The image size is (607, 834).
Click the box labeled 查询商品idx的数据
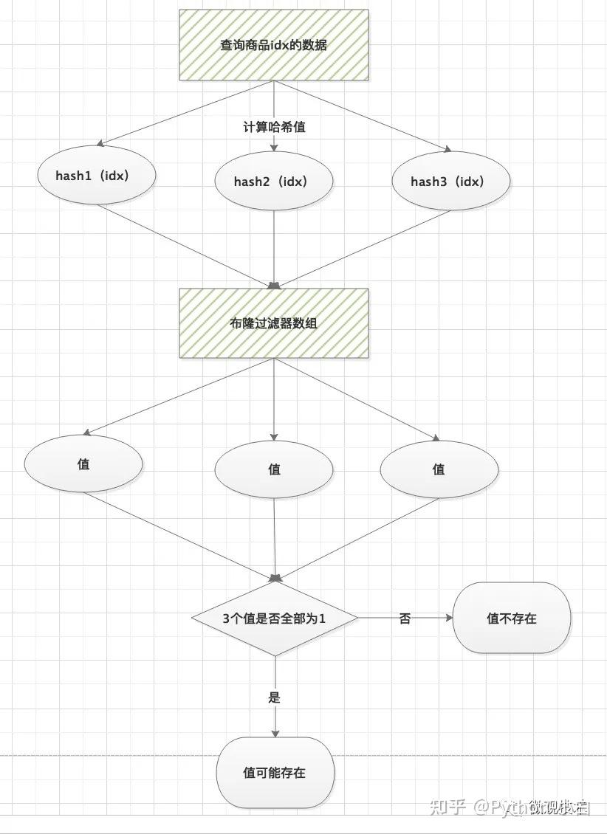coord(274,44)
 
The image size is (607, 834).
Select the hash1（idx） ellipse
coord(96,176)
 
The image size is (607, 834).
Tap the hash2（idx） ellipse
coord(274,181)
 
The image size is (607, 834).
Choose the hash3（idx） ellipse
coord(450,181)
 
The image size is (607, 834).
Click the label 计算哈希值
coord(274,127)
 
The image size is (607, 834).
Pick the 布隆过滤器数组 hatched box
coord(274,323)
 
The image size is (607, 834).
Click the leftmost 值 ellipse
coord(83,464)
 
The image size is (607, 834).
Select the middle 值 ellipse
coord(274,469)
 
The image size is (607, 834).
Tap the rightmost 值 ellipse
coord(439,469)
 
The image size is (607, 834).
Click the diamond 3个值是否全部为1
coord(275,618)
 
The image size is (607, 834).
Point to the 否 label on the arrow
coord(405,618)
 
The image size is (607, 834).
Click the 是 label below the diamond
coord(275,697)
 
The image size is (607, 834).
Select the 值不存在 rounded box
coord(512,618)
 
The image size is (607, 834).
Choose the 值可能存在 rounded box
coord(275,773)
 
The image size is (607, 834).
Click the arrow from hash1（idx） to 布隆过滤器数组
coord(185,245)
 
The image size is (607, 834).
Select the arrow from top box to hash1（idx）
coord(185,112)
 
